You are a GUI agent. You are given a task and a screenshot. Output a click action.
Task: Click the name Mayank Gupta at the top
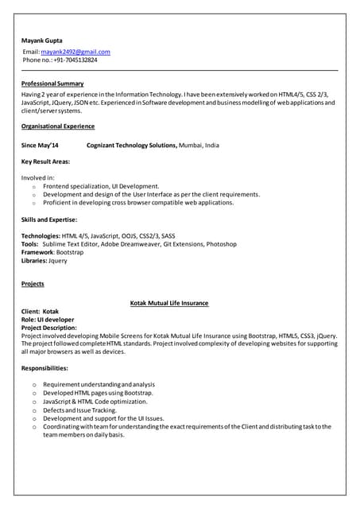click(41, 40)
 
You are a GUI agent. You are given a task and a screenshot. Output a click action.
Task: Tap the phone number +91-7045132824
click(75, 60)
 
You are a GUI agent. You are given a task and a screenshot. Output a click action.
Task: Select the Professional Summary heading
click(52, 84)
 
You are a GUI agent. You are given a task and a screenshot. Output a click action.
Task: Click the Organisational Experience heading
click(58, 126)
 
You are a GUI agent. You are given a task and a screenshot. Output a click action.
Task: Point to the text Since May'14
click(40, 146)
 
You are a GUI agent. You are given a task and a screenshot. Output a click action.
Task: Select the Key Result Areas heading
click(45, 161)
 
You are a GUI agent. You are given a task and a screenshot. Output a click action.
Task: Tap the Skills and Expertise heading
click(49, 219)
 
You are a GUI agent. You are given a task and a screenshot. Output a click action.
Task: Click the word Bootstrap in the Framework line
click(70, 252)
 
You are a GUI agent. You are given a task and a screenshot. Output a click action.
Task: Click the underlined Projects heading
click(33, 284)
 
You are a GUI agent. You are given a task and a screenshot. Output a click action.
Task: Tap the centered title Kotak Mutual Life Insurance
click(168, 303)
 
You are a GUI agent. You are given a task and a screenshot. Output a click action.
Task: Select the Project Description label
click(49, 328)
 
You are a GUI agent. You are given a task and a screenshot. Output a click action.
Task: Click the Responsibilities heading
click(45, 368)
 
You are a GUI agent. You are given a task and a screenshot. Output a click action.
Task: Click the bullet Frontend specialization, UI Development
click(101, 186)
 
